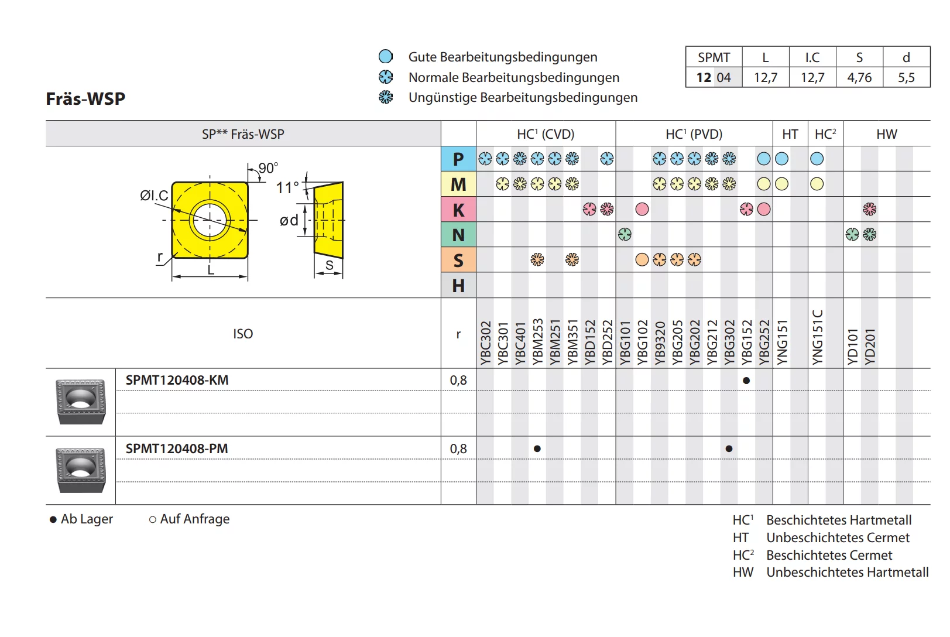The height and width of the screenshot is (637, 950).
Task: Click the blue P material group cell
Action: click(x=458, y=159)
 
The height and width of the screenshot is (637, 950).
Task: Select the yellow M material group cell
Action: click(x=458, y=184)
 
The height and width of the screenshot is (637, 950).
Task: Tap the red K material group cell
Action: click(x=458, y=210)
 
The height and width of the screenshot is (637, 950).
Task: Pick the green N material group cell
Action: click(x=458, y=235)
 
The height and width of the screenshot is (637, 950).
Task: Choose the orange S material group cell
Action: click(x=458, y=260)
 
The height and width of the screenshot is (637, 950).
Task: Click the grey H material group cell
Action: click(x=458, y=286)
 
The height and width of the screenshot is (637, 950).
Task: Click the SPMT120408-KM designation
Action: click(x=177, y=380)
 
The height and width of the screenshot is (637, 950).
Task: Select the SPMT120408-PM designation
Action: click(x=177, y=448)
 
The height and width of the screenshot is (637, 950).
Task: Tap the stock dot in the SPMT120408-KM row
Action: click(x=746, y=381)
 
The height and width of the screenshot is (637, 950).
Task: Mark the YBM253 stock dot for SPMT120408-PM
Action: click(x=537, y=449)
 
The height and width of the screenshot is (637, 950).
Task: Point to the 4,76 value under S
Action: click(x=859, y=77)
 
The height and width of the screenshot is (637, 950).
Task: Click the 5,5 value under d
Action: click(x=906, y=77)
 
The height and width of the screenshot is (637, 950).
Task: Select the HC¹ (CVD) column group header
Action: click(x=546, y=134)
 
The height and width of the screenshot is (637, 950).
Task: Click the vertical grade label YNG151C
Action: click(x=817, y=337)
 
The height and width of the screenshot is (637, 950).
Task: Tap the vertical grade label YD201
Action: click(x=870, y=346)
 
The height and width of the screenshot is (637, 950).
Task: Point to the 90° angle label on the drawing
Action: click(x=268, y=168)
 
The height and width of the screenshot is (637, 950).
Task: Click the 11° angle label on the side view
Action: click(x=287, y=187)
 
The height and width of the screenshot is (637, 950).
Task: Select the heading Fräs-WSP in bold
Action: click(x=85, y=98)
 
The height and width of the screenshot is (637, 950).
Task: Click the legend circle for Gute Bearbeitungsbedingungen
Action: click(x=386, y=57)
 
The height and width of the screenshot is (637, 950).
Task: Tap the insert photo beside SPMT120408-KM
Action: click(x=81, y=401)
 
